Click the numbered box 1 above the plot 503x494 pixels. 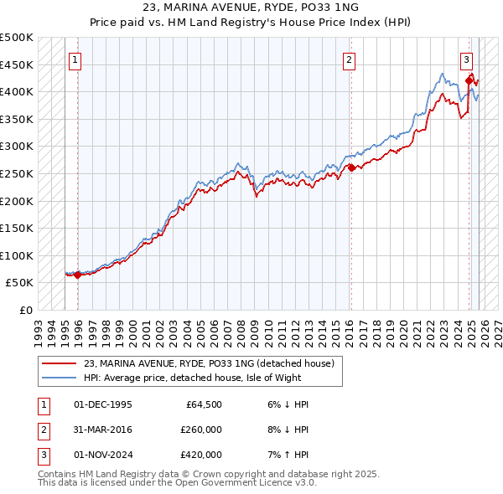point(75,59)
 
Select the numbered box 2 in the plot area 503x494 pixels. point(348,59)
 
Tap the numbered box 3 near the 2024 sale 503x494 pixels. point(466,59)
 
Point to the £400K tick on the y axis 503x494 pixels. point(17,91)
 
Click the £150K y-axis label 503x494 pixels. point(17,228)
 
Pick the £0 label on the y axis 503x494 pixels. point(26,310)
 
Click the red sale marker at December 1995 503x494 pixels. point(78,275)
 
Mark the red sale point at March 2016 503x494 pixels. point(351,167)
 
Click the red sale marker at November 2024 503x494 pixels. point(469,80)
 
